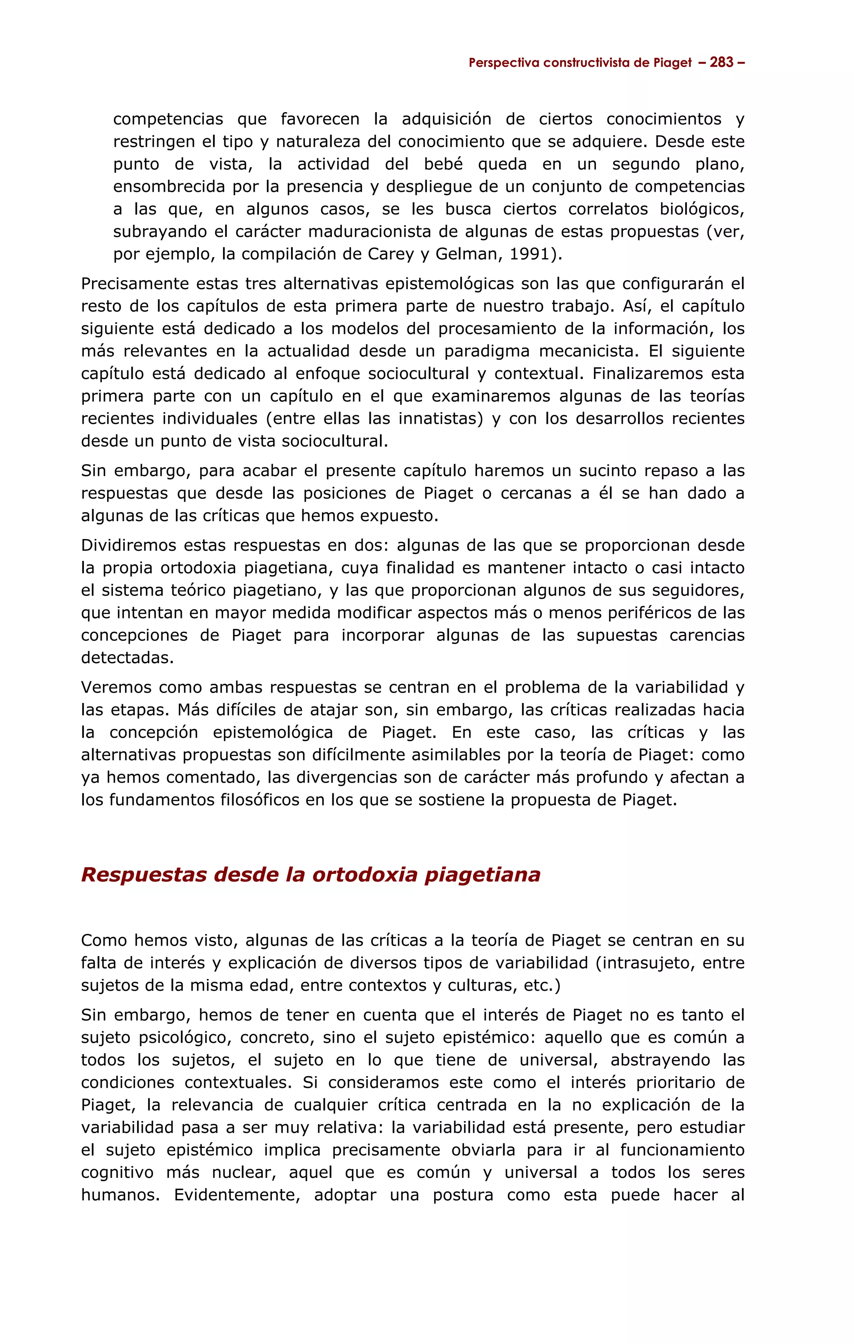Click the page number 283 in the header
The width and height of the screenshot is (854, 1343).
[721, 63]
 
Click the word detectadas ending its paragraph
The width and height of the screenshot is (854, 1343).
[127, 658]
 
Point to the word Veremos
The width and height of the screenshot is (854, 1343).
[116, 688]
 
